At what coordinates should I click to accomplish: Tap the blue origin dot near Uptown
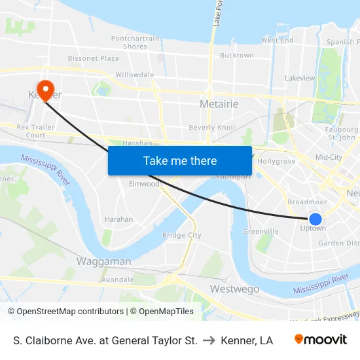[x=315, y=219]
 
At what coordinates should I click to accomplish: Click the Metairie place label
[x=218, y=105]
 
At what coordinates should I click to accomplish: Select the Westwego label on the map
[x=234, y=289]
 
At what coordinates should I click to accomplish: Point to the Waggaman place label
[x=103, y=261]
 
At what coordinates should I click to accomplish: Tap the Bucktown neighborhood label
[x=236, y=56]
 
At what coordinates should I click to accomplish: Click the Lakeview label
[x=300, y=78]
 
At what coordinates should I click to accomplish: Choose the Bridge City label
[x=181, y=235]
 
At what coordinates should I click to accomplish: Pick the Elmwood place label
[x=144, y=184]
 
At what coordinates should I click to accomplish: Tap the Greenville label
[x=261, y=231]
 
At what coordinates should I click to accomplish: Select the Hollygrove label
[x=277, y=161]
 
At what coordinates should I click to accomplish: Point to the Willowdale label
[x=134, y=75]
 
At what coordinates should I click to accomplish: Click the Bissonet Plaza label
[x=94, y=58]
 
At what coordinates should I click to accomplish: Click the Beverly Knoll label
[x=211, y=127]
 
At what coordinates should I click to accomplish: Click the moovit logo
[x=321, y=340]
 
